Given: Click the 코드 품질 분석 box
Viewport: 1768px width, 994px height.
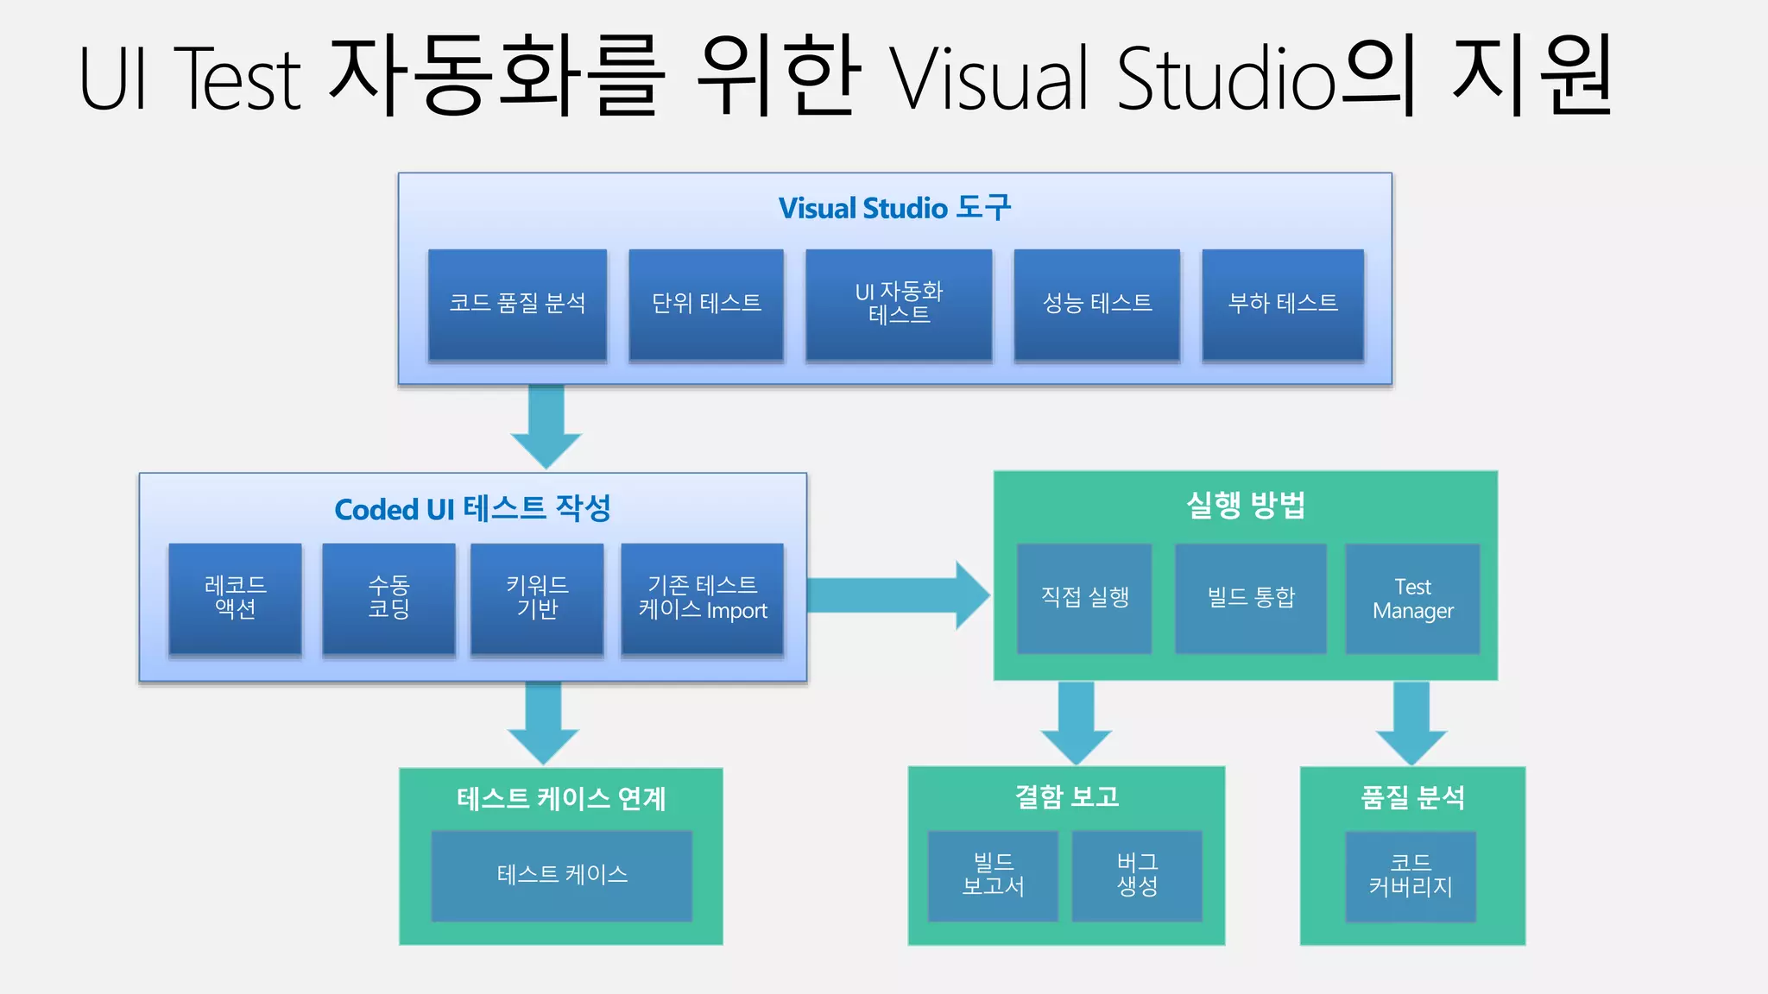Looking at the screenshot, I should tap(517, 304).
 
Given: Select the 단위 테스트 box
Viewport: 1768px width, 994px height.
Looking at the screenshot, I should tap(706, 304).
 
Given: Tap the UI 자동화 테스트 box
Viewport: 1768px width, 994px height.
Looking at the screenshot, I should tap(899, 304).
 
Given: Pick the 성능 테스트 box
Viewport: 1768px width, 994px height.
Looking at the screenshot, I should tap(1096, 304).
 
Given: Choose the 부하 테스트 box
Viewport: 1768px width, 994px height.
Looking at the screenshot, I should tap(1283, 304).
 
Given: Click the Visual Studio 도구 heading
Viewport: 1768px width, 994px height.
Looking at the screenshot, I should tap(894, 208).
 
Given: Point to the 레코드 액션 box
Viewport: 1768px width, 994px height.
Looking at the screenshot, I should tap(235, 599).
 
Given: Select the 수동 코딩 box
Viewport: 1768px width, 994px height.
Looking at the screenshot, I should tap(388, 599).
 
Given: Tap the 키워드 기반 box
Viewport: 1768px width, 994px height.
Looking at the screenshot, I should tap(537, 599).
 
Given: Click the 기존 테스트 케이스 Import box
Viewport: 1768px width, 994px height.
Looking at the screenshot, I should tap(702, 599).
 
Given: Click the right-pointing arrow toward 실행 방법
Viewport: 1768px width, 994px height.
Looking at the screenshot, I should tap(898, 595).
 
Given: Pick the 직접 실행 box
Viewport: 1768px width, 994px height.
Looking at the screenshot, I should tap(1084, 598).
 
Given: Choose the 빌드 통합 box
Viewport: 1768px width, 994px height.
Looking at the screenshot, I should tap(1250, 598).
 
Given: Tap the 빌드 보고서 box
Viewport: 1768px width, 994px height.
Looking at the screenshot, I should tap(993, 875).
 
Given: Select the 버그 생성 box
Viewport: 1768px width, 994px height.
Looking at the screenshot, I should tap(1137, 875).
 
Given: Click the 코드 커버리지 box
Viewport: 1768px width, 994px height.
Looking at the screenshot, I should tap(1411, 876).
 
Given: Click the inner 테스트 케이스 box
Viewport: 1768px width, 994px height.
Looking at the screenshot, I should tap(562, 875).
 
